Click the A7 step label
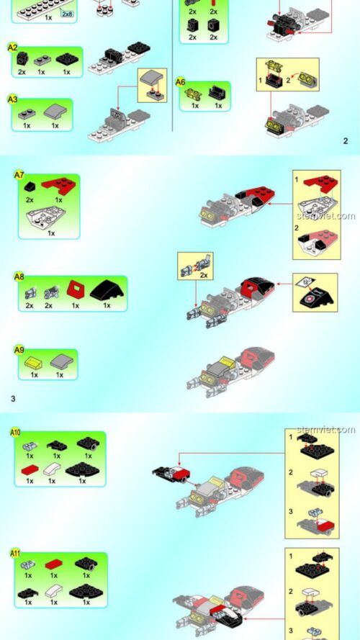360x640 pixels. pos(19,175)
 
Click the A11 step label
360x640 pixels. pos(15,553)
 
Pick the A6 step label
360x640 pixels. pos(181,82)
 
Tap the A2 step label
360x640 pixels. pos(12,47)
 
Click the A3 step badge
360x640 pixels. pos(12,99)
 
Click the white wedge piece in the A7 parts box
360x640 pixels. pos(48,216)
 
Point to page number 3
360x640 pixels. pos(13,397)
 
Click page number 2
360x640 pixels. pos(345,141)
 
